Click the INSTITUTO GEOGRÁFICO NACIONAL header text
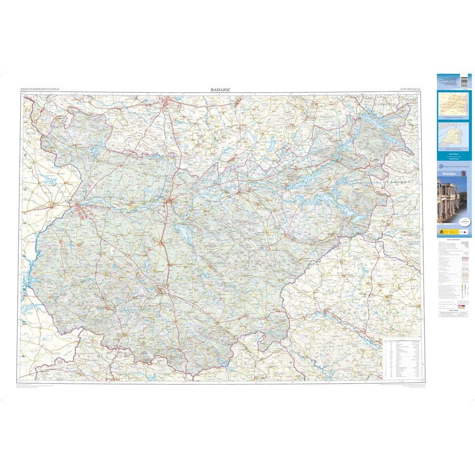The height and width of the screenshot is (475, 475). pos(40,90)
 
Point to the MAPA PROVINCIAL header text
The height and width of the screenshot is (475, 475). pos(410,90)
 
